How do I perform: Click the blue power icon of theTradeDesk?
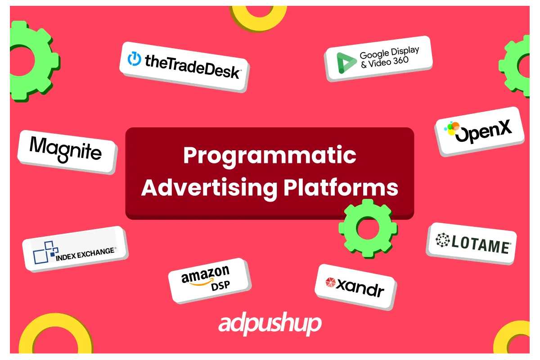point(134,58)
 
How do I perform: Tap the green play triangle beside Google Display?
point(346,63)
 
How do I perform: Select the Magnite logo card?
point(67,152)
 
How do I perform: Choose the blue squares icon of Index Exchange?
point(45,252)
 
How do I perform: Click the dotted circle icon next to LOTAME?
point(443,240)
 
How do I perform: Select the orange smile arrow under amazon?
point(202,282)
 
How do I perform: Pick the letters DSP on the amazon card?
point(220,286)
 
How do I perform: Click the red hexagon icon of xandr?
point(330,282)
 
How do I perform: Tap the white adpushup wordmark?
point(270,324)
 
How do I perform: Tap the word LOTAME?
point(481,245)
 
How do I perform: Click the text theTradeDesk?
point(192,66)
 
